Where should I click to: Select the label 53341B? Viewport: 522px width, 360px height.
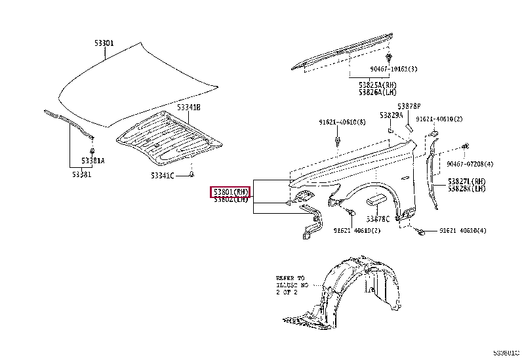189,107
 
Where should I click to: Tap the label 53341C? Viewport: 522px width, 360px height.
162,176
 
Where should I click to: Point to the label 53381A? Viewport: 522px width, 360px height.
93,161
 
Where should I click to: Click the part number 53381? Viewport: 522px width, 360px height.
82,174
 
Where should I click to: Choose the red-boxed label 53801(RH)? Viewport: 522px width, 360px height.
230,191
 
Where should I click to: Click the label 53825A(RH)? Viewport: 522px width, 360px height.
377,85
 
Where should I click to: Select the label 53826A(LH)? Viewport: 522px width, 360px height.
377,92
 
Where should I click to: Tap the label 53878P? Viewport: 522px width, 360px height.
408,106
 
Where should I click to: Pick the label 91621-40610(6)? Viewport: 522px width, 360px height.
342,121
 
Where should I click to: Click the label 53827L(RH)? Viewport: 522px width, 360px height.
467,181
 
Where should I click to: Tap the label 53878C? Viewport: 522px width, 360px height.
378,218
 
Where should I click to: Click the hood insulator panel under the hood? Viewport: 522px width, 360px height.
167,137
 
